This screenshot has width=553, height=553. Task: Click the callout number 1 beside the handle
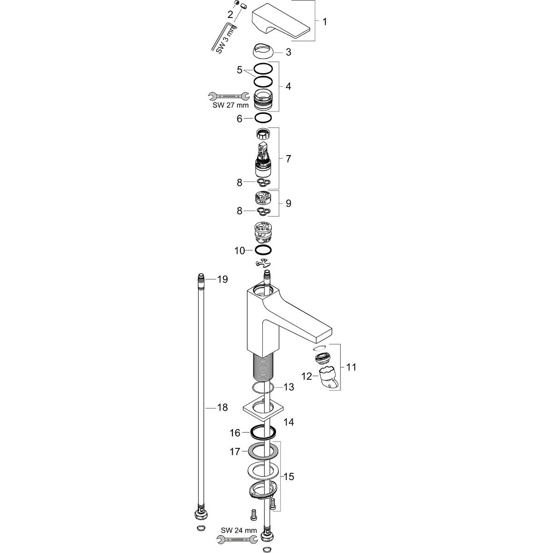point(324,22)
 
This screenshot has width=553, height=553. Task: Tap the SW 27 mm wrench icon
point(226,96)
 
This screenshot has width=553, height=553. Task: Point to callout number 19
point(223,279)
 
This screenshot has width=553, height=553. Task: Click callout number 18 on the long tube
point(223,407)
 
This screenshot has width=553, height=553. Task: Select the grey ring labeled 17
point(263,451)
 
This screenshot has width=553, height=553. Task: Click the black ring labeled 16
point(263,432)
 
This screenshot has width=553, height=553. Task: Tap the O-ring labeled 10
point(263,250)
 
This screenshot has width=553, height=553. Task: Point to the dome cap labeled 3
point(263,50)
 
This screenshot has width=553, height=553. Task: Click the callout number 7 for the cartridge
point(288,159)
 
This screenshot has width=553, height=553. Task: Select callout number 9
point(288,203)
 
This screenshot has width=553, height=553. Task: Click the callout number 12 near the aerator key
point(306,377)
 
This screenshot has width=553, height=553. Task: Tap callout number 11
point(351,367)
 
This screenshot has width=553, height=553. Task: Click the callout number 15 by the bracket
point(288,477)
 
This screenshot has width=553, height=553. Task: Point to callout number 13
point(288,387)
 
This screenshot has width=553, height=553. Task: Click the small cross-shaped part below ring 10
point(263,263)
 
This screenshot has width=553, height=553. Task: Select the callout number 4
point(288,86)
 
